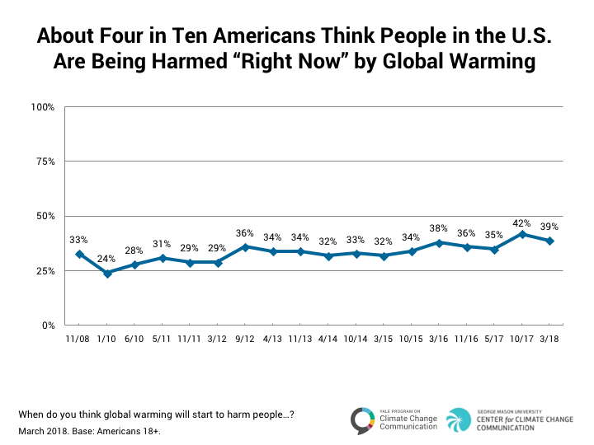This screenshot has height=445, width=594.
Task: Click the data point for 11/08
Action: (79, 254)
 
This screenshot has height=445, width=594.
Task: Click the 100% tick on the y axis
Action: (43, 107)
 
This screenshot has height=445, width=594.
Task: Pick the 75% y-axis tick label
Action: (45, 162)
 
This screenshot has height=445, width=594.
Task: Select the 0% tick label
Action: (48, 326)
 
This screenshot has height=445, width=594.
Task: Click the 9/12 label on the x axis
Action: (246, 340)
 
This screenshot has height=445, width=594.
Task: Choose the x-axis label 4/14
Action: (329, 340)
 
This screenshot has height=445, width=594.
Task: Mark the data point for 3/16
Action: (440, 242)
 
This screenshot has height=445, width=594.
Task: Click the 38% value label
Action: (440, 228)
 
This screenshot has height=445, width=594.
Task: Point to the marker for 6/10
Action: (134, 265)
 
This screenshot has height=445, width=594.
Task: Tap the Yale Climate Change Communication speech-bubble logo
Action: (361, 419)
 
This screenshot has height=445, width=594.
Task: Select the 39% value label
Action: (550, 227)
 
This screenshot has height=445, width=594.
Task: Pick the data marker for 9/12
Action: (246, 246)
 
